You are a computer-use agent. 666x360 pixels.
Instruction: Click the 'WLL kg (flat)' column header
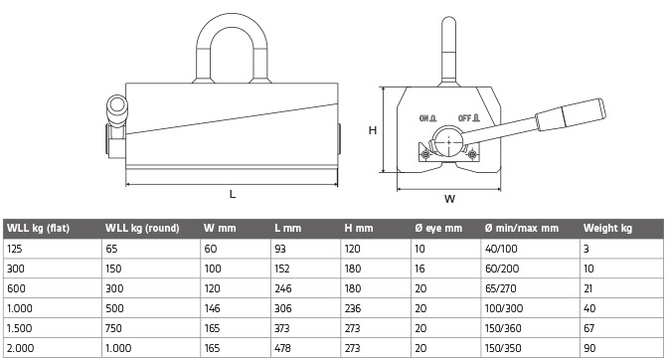[38, 229]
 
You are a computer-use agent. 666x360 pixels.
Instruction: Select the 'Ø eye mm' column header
[438, 229]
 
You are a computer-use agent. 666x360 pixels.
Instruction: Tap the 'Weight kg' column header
[607, 229]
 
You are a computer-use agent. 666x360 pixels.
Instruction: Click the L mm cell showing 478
[282, 348]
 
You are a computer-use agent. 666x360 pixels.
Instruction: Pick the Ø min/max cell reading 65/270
[500, 288]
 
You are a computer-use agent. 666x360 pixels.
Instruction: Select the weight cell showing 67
[589, 328]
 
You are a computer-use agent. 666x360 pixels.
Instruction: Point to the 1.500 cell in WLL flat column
[20, 328]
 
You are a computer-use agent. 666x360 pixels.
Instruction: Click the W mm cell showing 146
[212, 308]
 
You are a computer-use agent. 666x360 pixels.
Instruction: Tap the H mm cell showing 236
[353, 308]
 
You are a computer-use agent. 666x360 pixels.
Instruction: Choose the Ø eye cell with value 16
[419, 269]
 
